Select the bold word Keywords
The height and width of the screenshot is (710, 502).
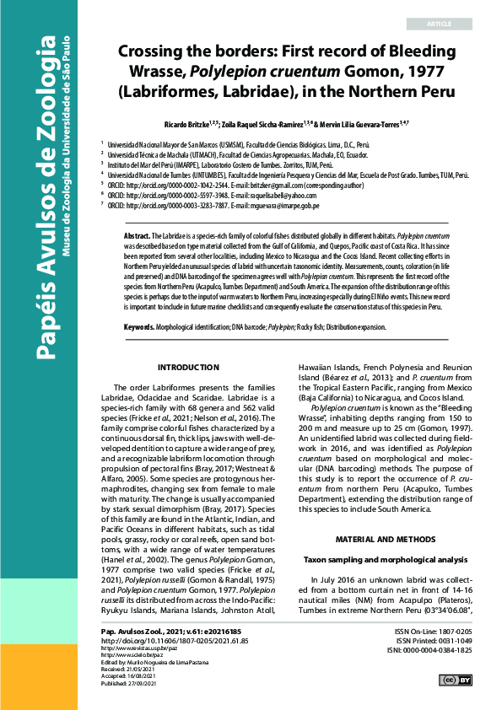click(139, 325)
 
